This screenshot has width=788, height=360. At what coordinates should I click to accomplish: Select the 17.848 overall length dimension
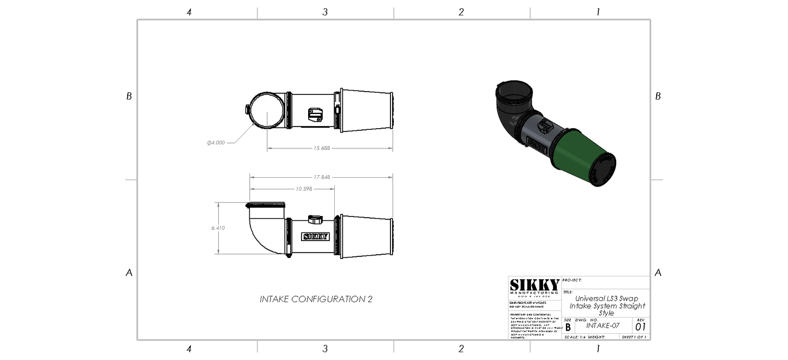click(321, 177)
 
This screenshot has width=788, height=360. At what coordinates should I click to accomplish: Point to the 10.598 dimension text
click(304, 189)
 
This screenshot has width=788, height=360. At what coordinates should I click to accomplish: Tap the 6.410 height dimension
click(218, 228)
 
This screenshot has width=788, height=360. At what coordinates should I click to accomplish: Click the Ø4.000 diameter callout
click(216, 143)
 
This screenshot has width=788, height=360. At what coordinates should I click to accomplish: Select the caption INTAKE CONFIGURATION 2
click(316, 299)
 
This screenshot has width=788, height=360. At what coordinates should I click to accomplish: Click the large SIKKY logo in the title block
click(534, 285)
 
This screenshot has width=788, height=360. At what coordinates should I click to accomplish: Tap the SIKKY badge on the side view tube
click(315, 237)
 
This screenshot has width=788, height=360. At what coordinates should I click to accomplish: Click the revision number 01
click(640, 327)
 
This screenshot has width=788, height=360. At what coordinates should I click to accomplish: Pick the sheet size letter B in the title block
click(568, 327)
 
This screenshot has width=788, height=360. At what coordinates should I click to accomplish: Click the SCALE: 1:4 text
click(578, 337)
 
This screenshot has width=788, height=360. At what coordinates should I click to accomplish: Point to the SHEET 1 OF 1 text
click(634, 337)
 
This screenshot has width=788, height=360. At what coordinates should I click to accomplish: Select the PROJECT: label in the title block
click(572, 280)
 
